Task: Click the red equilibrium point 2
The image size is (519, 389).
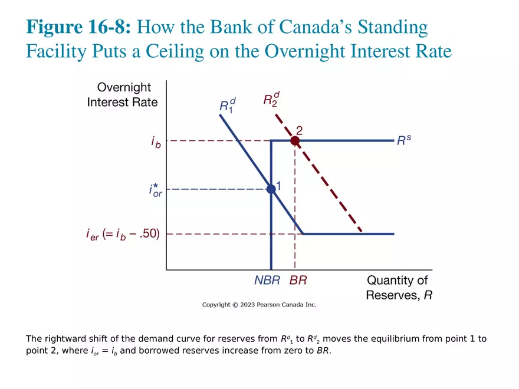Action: (x=295, y=141)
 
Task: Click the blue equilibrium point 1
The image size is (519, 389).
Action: (x=271, y=189)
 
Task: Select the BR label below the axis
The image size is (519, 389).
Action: (x=298, y=281)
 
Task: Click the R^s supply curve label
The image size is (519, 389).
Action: (x=404, y=140)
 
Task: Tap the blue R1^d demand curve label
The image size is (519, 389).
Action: (x=227, y=105)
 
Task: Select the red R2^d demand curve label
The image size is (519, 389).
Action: (x=271, y=98)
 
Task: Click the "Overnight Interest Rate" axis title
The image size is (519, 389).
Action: (x=123, y=95)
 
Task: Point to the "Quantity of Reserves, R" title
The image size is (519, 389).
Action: (x=398, y=288)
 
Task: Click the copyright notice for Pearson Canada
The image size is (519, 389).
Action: (x=259, y=305)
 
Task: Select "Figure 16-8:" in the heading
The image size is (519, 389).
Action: (x=81, y=27)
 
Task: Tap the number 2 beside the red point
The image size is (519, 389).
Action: (x=299, y=130)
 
